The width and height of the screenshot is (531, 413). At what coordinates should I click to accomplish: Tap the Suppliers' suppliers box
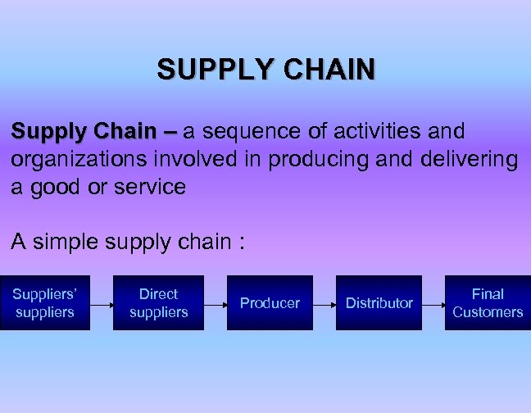tap(44, 303)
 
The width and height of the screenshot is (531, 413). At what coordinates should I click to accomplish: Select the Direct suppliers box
tap(158, 303)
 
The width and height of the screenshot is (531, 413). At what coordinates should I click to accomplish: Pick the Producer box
tap(270, 303)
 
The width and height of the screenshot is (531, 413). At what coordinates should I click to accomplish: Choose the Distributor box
tap(379, 303)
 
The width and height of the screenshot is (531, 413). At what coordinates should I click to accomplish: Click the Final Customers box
tap(488, 303)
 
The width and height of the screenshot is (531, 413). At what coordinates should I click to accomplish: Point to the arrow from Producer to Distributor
tap(324, 303)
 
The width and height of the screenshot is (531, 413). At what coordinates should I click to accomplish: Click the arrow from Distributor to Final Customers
tap(433, 303)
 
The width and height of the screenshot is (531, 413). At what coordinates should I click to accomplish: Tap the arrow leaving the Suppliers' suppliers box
tap(101, 303)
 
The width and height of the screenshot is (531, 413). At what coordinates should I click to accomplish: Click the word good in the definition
tap(51, 187)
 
